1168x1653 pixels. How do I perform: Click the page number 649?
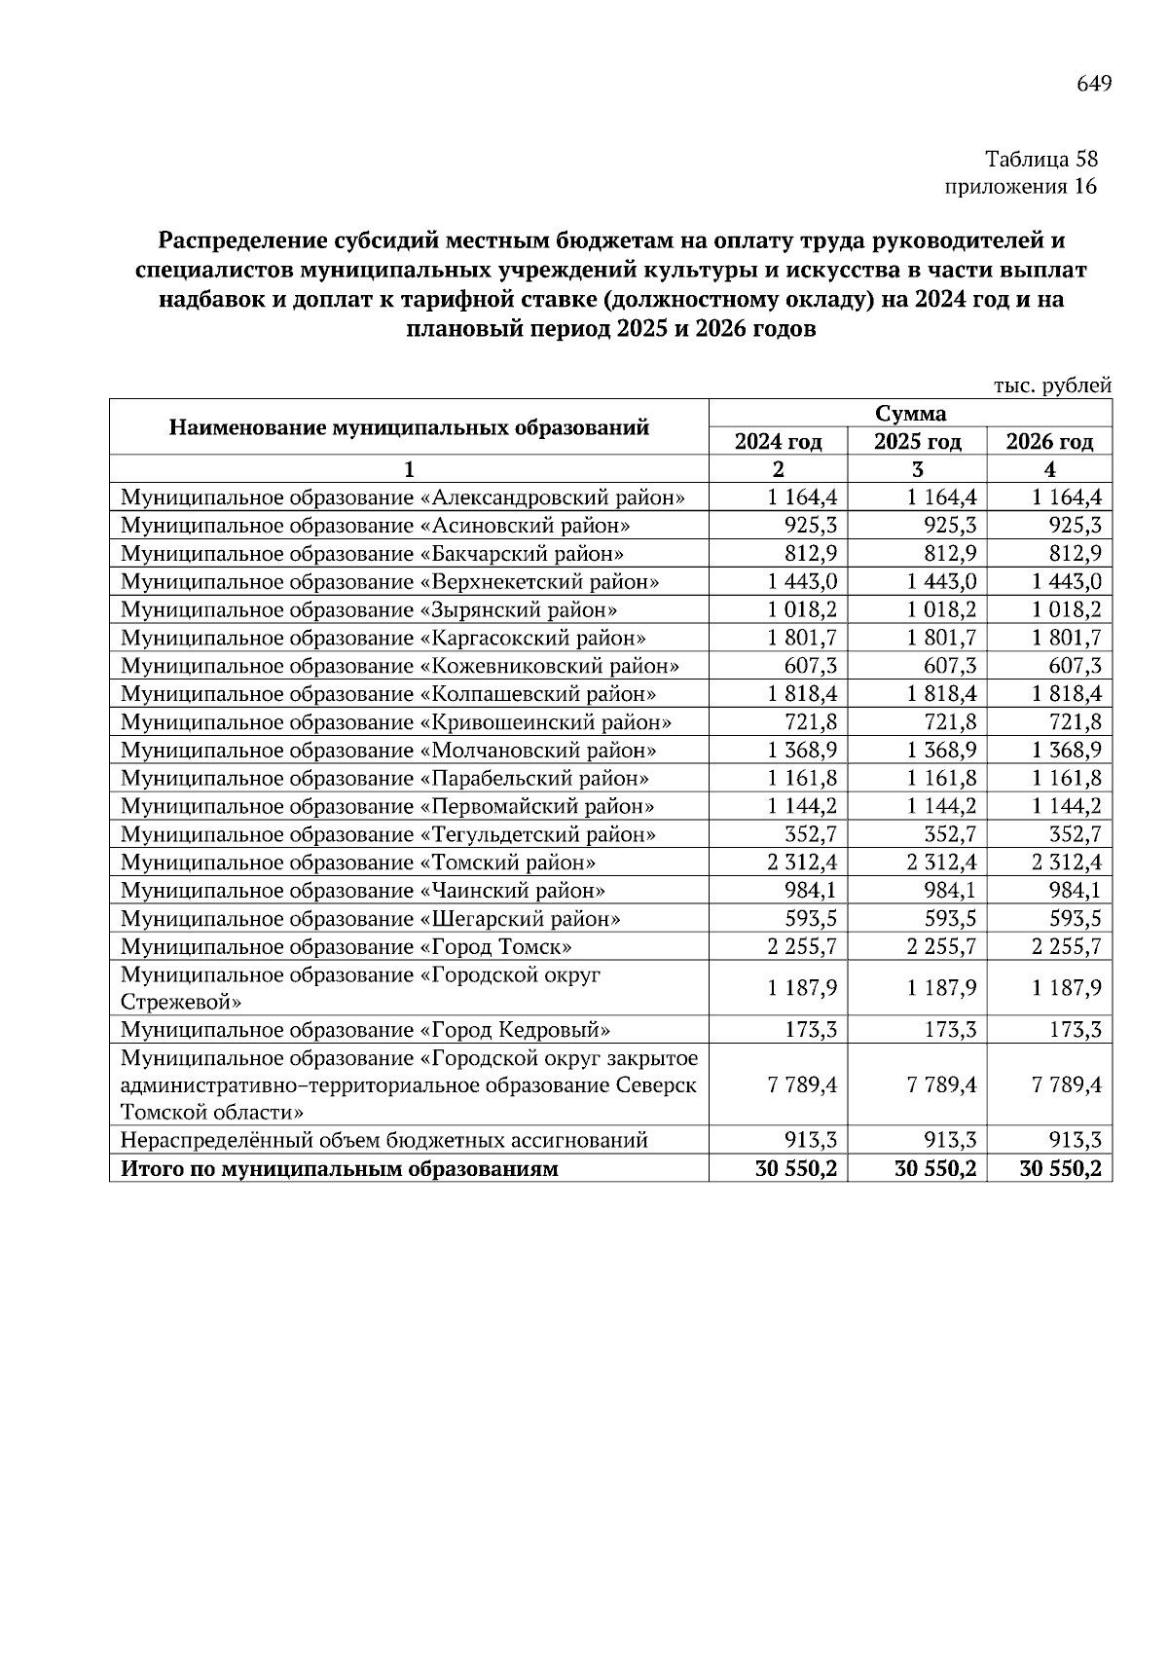1093,85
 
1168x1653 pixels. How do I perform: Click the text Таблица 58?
1040,159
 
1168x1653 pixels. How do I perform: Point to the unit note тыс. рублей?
1051,386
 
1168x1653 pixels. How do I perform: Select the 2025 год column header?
917,442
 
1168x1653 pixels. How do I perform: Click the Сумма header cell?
910,413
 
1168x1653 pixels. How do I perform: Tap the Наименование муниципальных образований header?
409,426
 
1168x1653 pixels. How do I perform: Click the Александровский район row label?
403,497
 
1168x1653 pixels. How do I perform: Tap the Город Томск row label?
346,947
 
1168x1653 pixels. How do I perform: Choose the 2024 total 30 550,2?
796,1169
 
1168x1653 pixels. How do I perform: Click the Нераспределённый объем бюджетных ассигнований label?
383,1141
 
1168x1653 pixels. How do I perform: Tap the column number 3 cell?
917,469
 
